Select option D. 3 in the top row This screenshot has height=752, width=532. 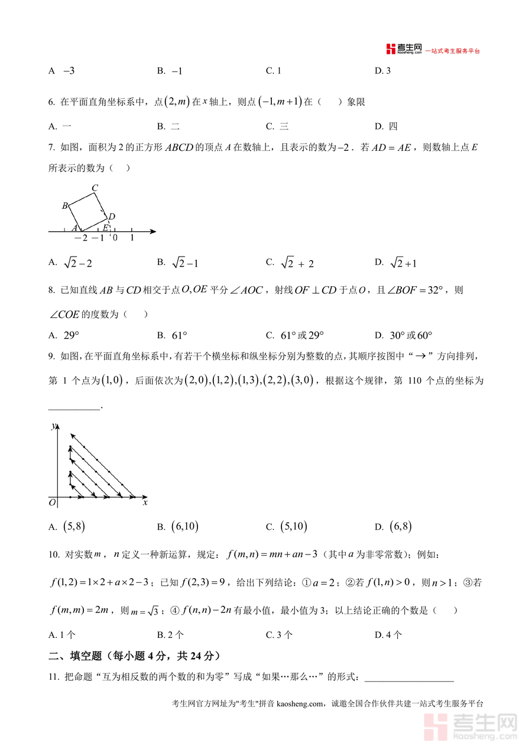383,71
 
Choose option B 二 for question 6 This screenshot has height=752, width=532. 168,126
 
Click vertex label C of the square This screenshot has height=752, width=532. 95,189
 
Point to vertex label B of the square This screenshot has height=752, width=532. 65,206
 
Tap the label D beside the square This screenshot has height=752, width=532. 112,216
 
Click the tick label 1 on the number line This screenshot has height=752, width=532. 132,238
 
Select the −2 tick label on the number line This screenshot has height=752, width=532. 80,238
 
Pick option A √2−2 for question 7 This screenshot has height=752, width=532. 72,262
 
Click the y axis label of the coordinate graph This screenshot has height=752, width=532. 53,426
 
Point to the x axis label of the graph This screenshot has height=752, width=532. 145,502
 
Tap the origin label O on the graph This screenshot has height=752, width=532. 52,503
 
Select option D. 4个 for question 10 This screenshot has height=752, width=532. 388,635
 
